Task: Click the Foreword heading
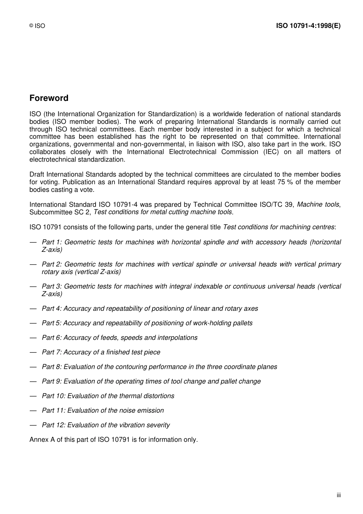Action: pyautogui.click(x=49, y=98)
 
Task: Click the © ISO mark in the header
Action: pyautogui.click(x=37, y=26)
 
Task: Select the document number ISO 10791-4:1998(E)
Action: pyautogui.click(x=308, y=26)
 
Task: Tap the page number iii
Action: pyautogui.click(x=339, y=495)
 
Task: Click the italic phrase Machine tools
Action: pyautogui.click(x=318, y=204)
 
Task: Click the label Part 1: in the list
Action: pyautogui.click(x=52, y=242)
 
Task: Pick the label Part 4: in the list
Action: pyautogui.click(x=52, y=308)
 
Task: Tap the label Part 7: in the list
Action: pyautogui.click(x=52, y=352)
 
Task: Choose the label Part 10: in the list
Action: pyautogui.click(x=53, y=396)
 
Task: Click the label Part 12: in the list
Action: pyautogui.click(x=53, y=425)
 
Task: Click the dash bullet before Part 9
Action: pyautogui.click(x=33, y=381)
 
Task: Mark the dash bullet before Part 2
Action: pyautogui.click(x=33, y=264)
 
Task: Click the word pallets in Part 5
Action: pyautogui.click(x=242, y=323)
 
